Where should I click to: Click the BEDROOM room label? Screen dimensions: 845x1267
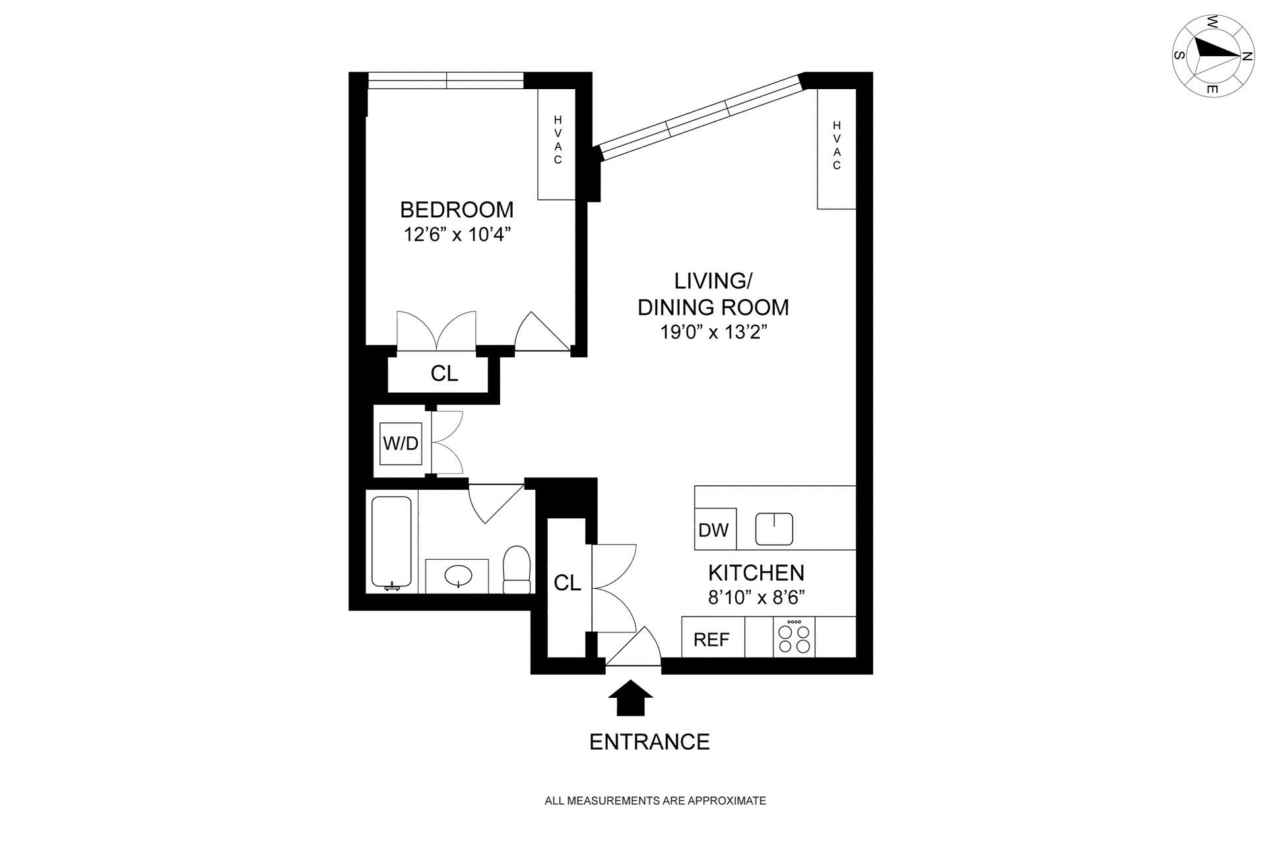click(x=457, y=210)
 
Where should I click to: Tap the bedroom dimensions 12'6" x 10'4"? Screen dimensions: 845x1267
click(x=457, y=234)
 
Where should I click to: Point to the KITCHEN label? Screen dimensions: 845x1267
click(x=756, y=572)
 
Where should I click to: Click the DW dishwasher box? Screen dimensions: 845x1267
click(x=714, y=529)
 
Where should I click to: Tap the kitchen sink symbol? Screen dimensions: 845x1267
click(x=774, y=529)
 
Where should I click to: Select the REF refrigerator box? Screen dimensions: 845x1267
click(x=712, y=639)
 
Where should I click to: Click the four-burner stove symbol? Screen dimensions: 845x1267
click(x=794, y=638)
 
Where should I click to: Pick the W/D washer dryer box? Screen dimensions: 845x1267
click(x=401, y=444)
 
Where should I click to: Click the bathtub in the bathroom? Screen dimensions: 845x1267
click(x=391, y=542)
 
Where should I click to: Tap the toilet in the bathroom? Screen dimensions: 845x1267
click(x=517, y=570)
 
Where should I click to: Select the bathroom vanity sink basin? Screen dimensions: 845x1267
click(x=458, y=576)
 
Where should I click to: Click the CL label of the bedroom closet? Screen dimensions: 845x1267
click(x=444, y=374)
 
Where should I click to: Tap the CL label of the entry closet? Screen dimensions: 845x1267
click(x=568, y=583)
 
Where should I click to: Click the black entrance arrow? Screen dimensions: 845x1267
click(x=630, y=698)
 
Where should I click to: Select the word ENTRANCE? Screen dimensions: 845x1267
click(x=649, y=742)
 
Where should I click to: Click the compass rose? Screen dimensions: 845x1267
click(x=1212, y=56)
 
